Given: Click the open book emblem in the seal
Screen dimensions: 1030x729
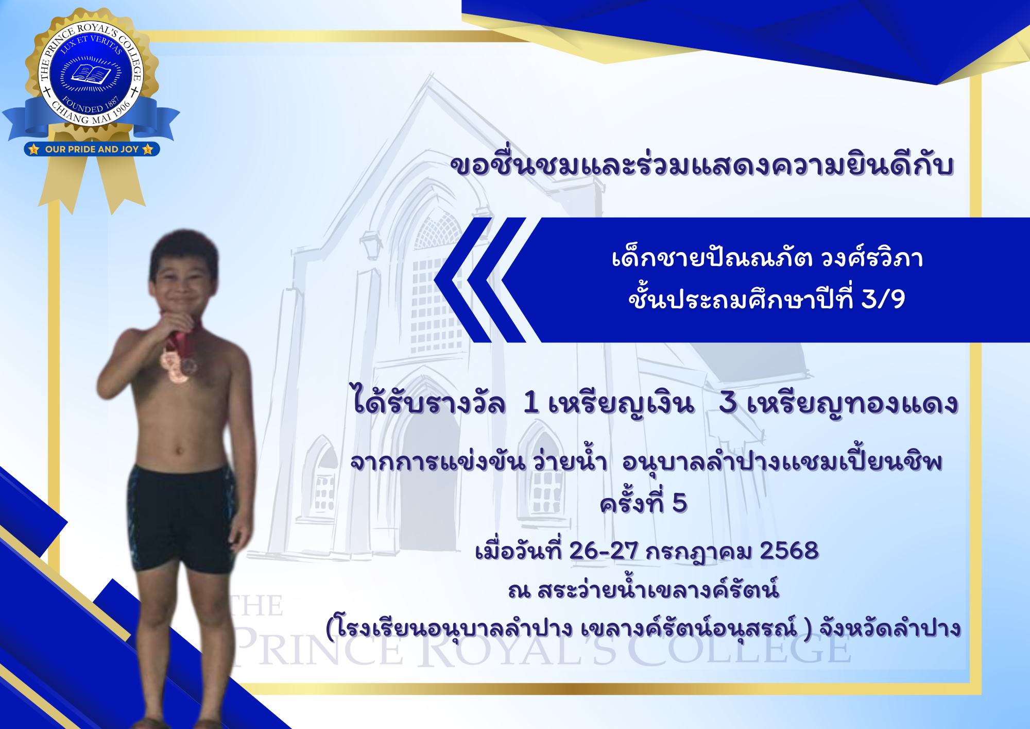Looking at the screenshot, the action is pyautogui.click(x=91, y=74).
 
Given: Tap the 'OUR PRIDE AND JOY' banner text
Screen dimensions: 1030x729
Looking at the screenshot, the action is pyautogui.click(x=92, y=150).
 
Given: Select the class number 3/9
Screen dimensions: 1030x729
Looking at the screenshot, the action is pyautogui.click(x=883, y=299).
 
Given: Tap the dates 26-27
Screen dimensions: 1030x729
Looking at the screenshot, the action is pyautogui.click(x=604, y=551).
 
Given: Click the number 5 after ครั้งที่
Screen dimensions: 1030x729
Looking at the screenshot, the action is pyautogui.click(x=679, y=503).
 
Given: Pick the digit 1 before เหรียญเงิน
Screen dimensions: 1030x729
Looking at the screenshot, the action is pyautogui.click(x=531, y=403).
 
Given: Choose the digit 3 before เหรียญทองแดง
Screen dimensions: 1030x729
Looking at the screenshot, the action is pyautogui.click(x=728, y=403).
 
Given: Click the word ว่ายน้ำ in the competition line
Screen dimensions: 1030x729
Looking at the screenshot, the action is pyautogui.click(x=570, y=460).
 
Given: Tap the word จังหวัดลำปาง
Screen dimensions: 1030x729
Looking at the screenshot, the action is pyautogui.click(x=890, y=628).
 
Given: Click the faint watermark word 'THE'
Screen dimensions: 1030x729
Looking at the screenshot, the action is pyautogui.click(x=256, y=605).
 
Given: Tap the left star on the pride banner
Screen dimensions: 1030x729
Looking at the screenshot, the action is pyautogui.click(x=34, y=150).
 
